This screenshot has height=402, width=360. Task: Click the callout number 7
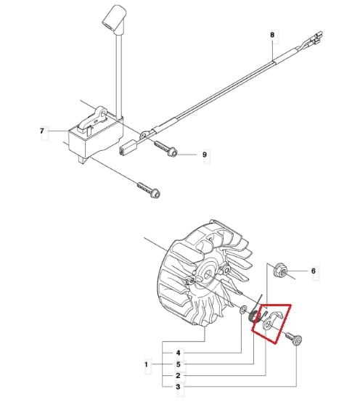click(x=42, y=131)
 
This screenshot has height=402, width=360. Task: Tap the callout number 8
click(x=272, y=35)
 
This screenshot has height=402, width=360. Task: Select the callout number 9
click(x=205, y=155)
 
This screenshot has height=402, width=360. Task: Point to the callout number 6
click(x=314, y=271)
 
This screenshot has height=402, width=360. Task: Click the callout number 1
click(x=146, y=364)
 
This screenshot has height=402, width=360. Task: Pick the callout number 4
click(x=179, y=353)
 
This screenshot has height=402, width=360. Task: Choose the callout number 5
click(x=179, y=364)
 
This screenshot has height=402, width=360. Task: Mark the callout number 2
click(x=179, y=376)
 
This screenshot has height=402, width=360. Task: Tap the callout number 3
click(x=179, y=387)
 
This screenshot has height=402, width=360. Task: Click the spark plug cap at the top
click(x=114, y=19)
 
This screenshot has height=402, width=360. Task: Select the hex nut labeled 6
click(x=279, y=270)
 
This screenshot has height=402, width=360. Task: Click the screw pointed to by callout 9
click(x=166, y=148)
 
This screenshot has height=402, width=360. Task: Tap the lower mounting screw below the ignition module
click(x=149, y=189)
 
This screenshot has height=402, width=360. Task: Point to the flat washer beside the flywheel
click(x=242, y=309)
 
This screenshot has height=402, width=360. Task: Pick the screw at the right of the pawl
click(x=294, y=338)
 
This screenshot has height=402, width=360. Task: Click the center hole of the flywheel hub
click(x=207, y=275)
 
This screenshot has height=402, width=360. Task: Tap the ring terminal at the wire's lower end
click(x=144, y=134)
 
